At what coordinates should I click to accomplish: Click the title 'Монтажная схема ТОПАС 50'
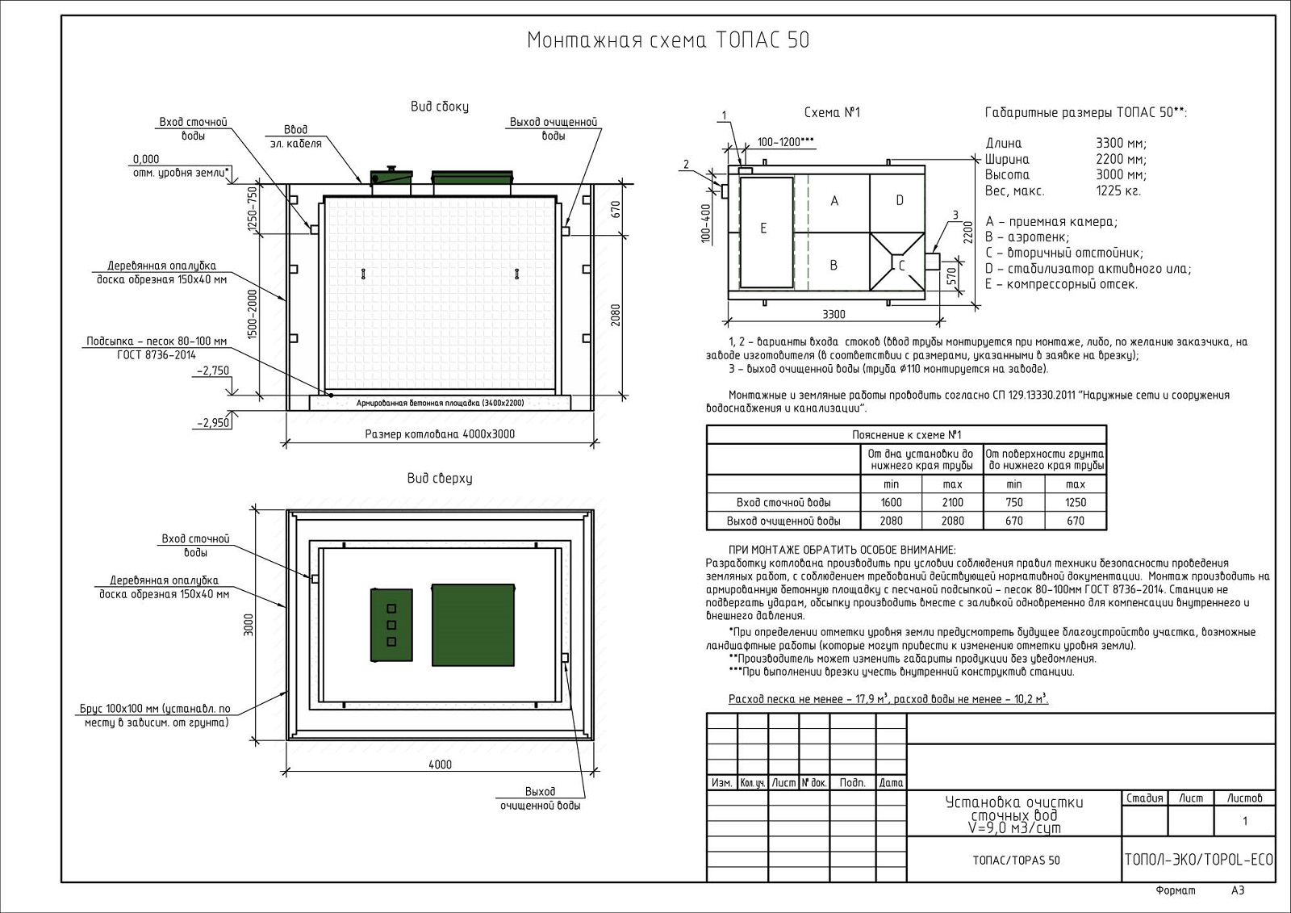[667, 40]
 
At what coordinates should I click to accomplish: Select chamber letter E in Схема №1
[763, 228]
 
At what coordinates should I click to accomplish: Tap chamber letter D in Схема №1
[900, 201]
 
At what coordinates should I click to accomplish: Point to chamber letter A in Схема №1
[834, 201]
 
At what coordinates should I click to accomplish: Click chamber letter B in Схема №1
[834, 265]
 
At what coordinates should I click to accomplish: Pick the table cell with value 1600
[891, 502]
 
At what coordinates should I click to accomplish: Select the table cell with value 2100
[952, 502]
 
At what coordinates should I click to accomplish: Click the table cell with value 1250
[1075, 502]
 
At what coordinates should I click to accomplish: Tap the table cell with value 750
[1013, 502]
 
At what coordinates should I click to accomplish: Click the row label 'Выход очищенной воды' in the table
[783, 521]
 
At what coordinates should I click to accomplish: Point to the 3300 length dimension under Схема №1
[834, 315]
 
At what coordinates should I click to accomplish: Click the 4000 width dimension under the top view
[440, 764]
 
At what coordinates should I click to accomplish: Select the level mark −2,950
[213, 422]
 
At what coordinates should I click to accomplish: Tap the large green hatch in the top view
[473, 624]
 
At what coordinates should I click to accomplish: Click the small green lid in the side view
[391, 176]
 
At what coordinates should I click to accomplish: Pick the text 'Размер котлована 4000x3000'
[440, 434]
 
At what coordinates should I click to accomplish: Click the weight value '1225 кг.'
[1118, 191]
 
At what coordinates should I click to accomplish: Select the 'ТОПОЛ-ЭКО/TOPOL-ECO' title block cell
[1198, 860]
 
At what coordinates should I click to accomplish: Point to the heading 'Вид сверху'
[440, 479]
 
